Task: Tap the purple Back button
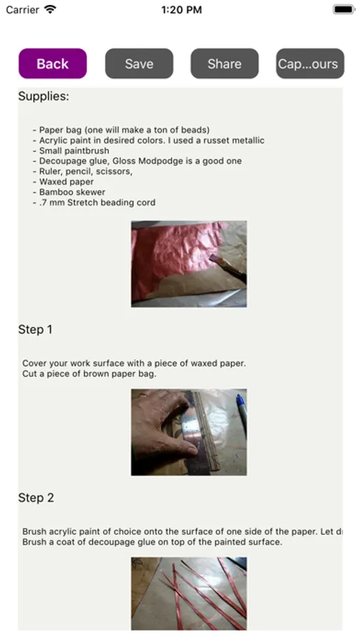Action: (53, 64)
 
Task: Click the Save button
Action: (139, 64)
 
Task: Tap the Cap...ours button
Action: (310, 64)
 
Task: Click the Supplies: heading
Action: (43, 96)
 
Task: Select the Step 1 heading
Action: (35, 329)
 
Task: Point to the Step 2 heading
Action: (36, 498)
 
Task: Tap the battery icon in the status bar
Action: (344, 9)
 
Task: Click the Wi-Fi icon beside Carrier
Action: (50, 9)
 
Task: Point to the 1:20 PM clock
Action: (182, 10)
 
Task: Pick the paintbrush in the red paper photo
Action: (227, 267)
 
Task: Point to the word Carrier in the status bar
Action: (23, 10)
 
